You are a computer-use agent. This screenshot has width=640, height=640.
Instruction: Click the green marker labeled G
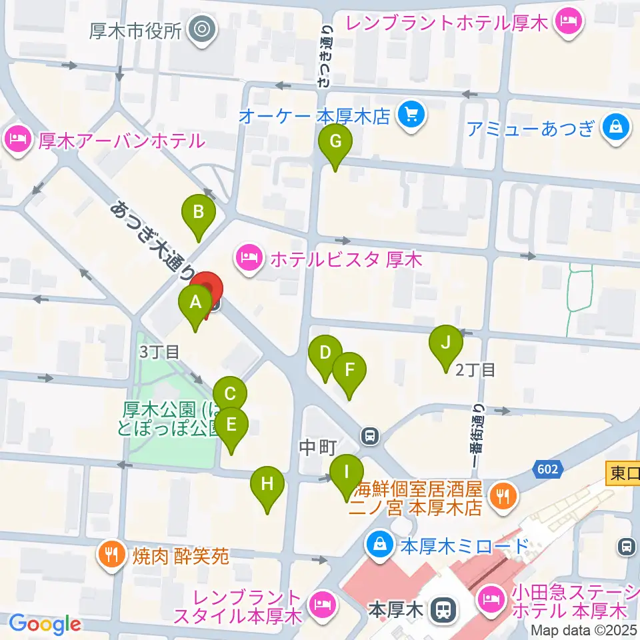tap(335, 142)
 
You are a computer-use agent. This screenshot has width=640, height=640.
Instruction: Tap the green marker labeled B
tap(199, 213)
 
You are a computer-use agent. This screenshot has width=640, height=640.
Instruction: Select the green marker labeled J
tap(446, 343)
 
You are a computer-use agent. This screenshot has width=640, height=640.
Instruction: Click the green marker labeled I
tap(347, 473)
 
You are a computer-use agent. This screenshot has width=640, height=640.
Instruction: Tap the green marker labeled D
tap(325, 353)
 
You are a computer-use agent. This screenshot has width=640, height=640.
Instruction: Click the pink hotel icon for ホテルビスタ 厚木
tap(249, 258)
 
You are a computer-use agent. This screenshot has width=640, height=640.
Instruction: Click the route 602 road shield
tap(546, 470)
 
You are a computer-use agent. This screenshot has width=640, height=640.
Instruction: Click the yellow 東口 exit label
tap(623, 473)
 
